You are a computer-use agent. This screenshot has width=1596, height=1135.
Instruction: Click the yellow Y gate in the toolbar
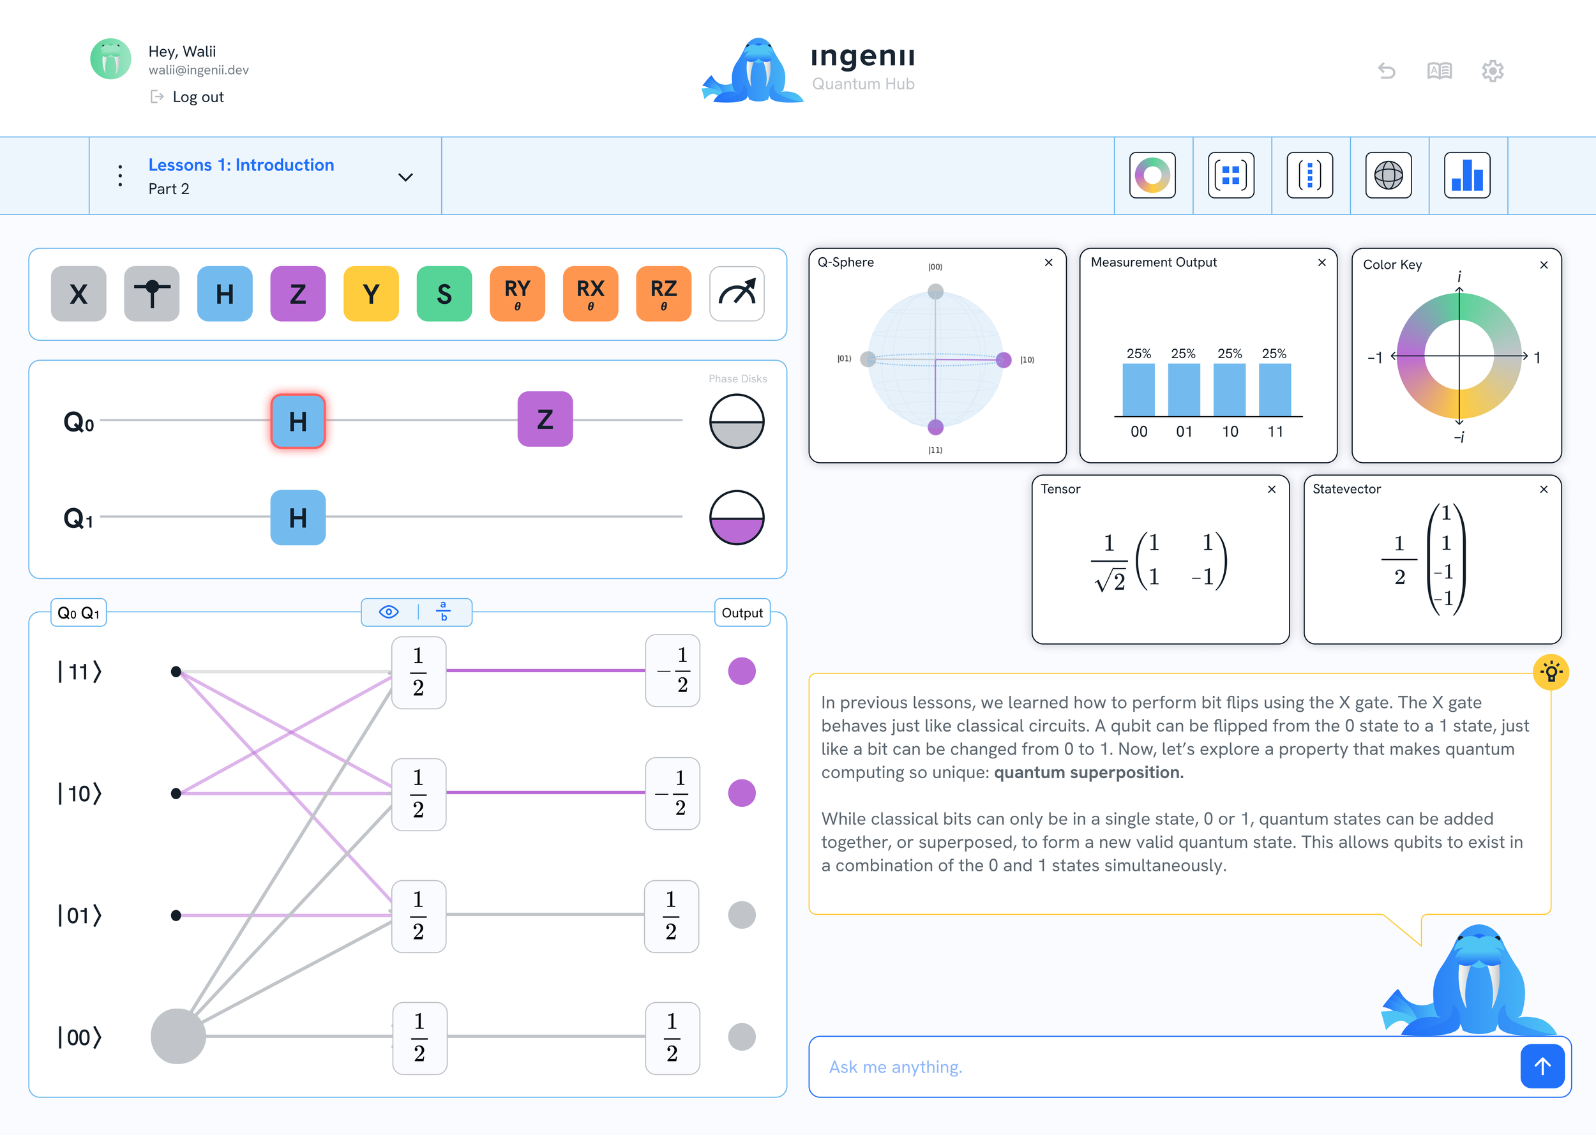pyautogui.click(x=371, y=294)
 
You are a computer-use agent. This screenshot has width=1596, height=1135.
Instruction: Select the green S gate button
pyautogui.click(x=444, y=294)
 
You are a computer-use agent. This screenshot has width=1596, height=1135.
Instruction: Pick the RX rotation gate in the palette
pyautogui.click(x=591, y=294)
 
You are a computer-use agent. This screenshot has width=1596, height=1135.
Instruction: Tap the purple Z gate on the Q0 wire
pyautogui.click(x=545, y=419)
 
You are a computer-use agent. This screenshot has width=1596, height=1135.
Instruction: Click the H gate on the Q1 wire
pyautogui.click(x=297, y=518)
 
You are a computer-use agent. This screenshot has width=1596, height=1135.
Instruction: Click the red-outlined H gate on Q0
pyautogui.click(x=297, y=421)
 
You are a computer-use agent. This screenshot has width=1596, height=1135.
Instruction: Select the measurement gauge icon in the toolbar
pyautogui.click(x=737, y=294)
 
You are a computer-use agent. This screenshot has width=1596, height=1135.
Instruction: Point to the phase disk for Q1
pyautogui.click(x=737, y=518)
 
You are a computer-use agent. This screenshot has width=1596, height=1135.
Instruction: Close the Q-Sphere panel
pyautogui.click(x=1048, y=263)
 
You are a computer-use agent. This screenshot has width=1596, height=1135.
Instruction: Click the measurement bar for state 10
pyautogui.click(x=1229, y=390)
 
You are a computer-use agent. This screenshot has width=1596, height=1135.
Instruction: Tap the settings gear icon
pyautogui.click(x=1492, y=71)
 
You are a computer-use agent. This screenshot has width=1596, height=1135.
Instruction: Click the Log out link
pyautogui.click(x=198, y=97)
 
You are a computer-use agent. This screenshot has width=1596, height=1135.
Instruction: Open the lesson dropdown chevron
pyautogui.click(x=405, y=177)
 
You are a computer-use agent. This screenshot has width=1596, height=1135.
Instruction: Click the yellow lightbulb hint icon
pyautogui.click(x=1551, y=672)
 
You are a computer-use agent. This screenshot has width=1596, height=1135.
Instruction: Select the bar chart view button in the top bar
pyautogui.click(x=1467, y=176)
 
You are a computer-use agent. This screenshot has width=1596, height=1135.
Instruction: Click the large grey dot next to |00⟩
pyautogui.click(x=178, y=1036)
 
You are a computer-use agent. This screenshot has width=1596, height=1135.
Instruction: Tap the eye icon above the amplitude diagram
pyautogui.click(x=389, y=612)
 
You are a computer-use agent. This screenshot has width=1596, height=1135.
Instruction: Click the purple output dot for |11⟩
pyautogui.click(x=741, y=671)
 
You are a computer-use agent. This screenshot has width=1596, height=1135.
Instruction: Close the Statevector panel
pyautogui.click(x=1544, y=489)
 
